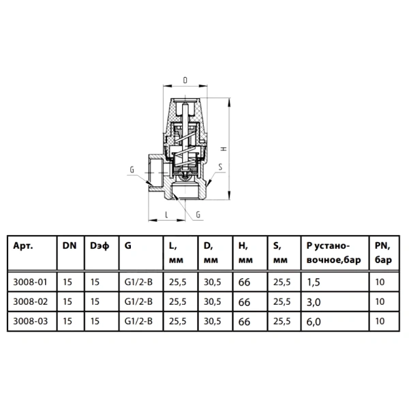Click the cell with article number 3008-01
(30, 282)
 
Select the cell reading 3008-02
(30, 301)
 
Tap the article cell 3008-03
(30, 321)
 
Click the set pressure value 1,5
(314, 282)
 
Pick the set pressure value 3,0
(314, 302)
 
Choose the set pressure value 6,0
(314, 322)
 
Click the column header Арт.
(23, 245)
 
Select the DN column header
(70, 245)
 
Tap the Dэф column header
(100, 246)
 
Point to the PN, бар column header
(383, 253)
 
